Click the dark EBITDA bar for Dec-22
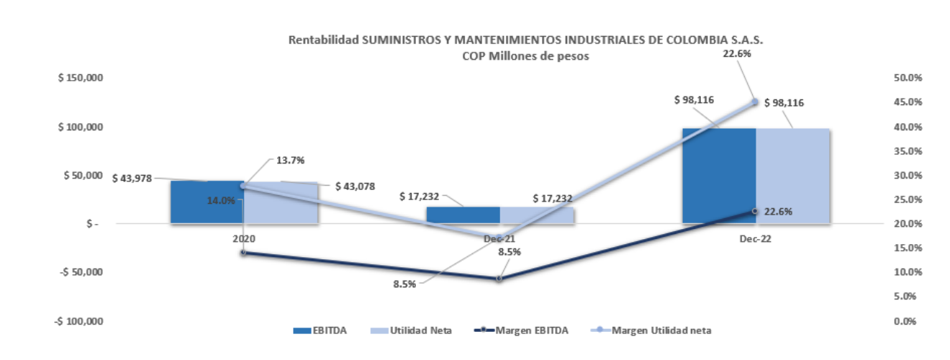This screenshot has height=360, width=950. pyautogui.click(x=719, y=176)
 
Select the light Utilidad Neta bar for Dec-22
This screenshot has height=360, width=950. pyautogui.click(x=792, y=176)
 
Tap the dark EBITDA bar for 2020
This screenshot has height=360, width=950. pyautogui.click(x=207, y=202)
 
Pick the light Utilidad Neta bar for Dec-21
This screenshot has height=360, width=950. pyautogui.click(x=537, y=215)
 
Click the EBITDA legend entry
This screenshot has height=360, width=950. pyautogui.click(x=320, y=330)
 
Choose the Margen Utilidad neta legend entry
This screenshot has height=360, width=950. pyautogui.click(x=651, y=330)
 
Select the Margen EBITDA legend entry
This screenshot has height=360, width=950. pyautogui.click(x=521, y=330)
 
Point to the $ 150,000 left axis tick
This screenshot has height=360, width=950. pyautogui.click(x=81, y=78)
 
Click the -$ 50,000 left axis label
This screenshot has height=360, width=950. pyautogui.click(x=81, y=271)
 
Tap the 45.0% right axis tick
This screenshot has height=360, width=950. pyautogui.click(x=908, y=102)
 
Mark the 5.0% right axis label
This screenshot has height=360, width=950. pyautogui.click(x=905, y=297)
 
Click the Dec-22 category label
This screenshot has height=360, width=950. pyautogui.click(x=756, y=238)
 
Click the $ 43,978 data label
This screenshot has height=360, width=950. pyautogui.click(x=132, y=179)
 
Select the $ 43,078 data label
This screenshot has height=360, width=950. pyautogui.click(x=356, y=186)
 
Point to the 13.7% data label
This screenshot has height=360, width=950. pyautogui.click(x=291, y=160)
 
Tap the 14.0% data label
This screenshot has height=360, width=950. pyautogui.click(x=221, y=200)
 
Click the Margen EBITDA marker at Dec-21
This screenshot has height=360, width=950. pyautogui.click(x=499, y=279)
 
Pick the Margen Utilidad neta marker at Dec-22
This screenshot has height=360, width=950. pyautogui.click(x=756, y=102)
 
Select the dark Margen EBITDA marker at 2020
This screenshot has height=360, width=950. pyautogui.click(x=243, y=253)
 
